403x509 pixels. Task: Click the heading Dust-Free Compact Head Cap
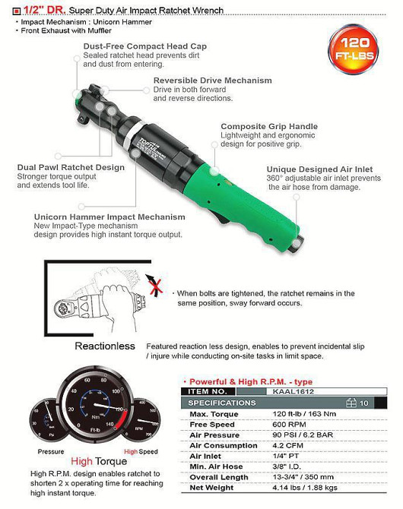click(x=144, y=47)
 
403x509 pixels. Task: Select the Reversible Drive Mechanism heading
click(x=212, y=81)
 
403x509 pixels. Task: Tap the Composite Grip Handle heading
click(x=269, y=126)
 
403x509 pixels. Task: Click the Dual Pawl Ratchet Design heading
click(x=71, y=168)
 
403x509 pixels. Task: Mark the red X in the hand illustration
click(x=157, y=288)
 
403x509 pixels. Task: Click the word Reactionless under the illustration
click(x=105, y=346)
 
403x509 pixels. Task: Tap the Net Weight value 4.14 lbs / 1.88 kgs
click(x=300, y=488)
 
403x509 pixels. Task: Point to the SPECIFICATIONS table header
click(x=222, y=403)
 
